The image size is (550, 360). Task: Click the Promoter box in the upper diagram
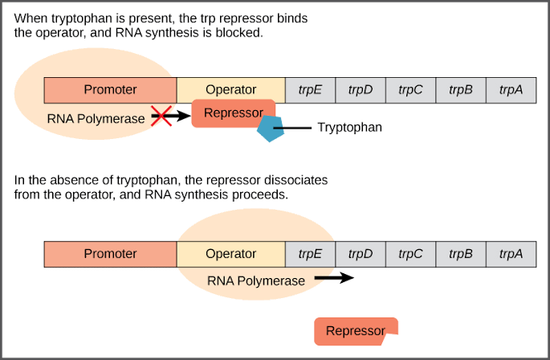[x=110, y=90]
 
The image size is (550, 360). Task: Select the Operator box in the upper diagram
[x=230, y=90]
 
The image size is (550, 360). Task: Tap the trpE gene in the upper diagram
[x=310, y=90]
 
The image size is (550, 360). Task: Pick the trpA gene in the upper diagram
[x=511, y=90]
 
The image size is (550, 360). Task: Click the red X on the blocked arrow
[x=161, y=117]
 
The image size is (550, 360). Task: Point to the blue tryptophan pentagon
[x=271, y=129]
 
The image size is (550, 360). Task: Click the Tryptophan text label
[x=349, y=127]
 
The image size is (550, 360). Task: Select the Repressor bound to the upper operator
[x=233, y=113]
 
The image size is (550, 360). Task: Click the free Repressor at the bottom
[x=355, y=331]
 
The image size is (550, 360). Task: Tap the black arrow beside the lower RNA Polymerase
[x=333, y=279]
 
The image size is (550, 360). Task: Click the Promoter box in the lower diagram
[x=110, y=254]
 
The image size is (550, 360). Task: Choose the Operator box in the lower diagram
[x=230, y=254]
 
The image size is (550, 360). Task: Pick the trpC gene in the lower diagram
[x=410, y=254]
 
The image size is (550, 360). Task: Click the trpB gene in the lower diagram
[x=460, y=254]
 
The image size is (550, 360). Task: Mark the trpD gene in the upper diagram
[x=361, y=90]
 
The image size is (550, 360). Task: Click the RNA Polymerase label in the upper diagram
[x=96, y=118]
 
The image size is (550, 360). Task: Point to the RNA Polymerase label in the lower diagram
[x=256, y=281]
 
